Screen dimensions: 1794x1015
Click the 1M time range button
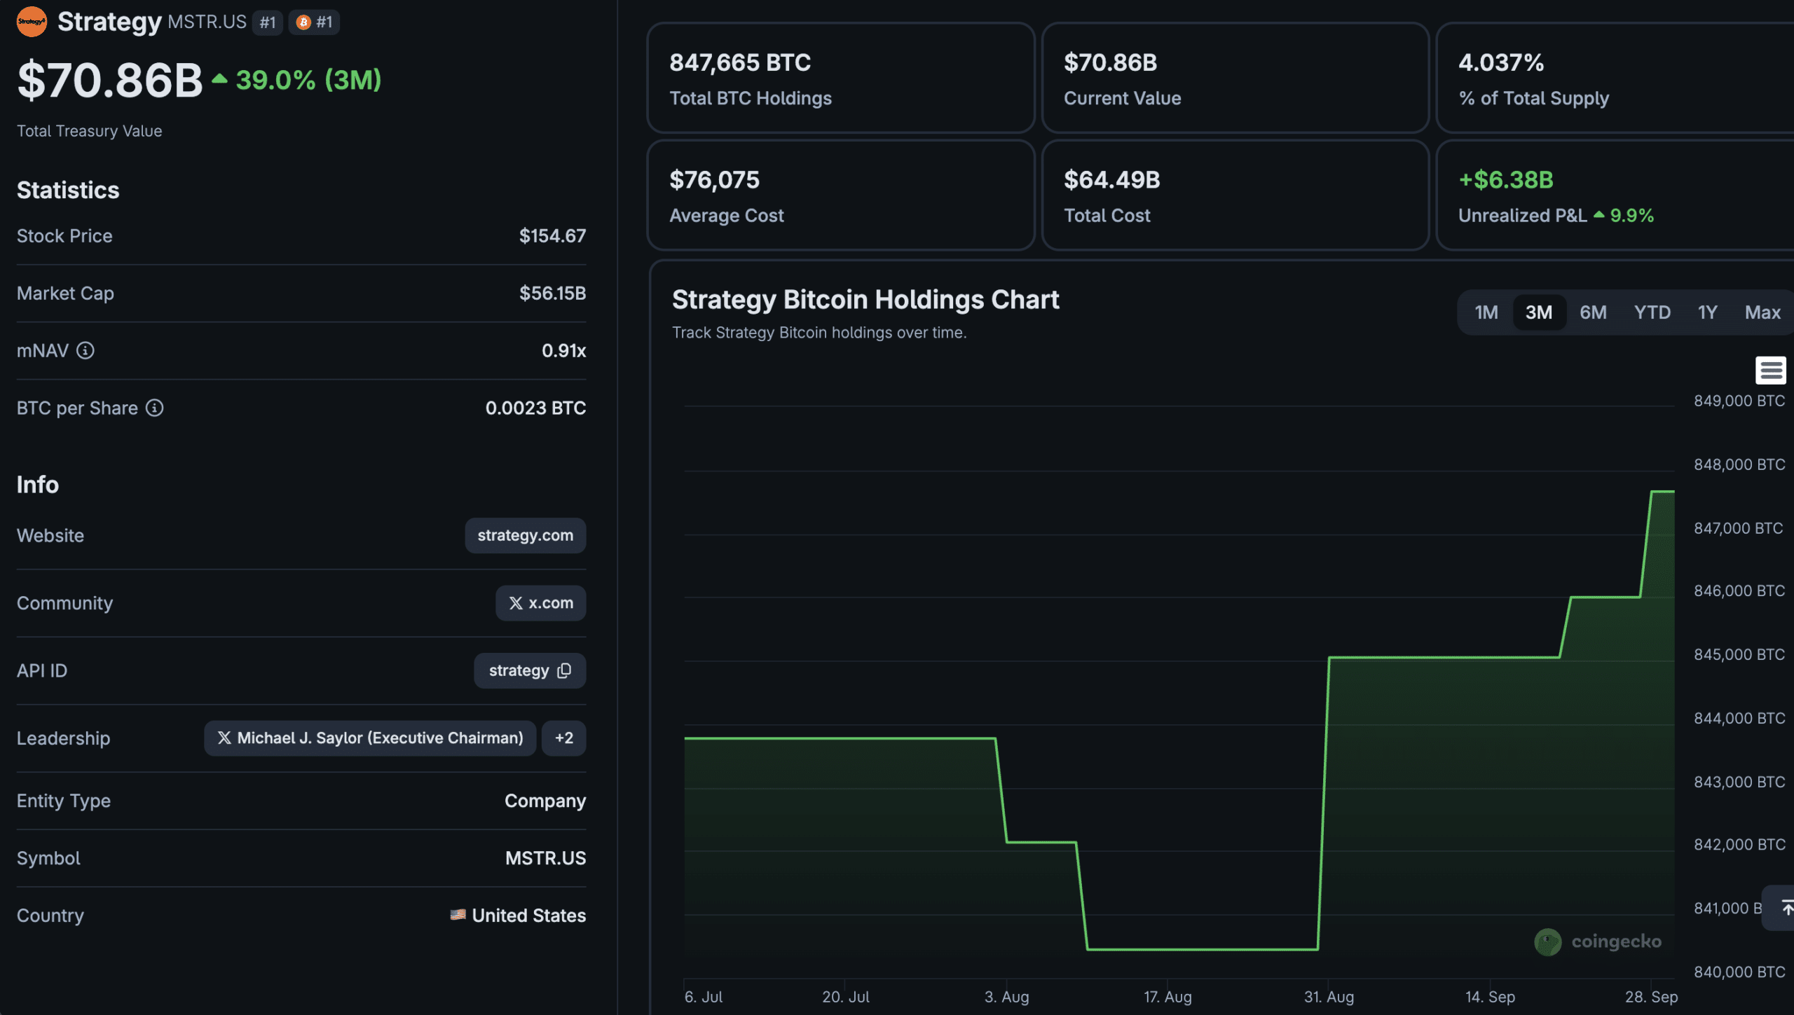(1486, 312)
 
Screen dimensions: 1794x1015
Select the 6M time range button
(1593, 312)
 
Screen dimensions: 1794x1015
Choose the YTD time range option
(1652, 312)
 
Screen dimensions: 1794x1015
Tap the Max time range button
(1762, 312)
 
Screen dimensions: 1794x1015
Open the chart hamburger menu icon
(1770, 370)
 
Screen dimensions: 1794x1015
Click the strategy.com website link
(525, 535)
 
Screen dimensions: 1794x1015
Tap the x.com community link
(540, 602)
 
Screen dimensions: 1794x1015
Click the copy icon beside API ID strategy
(564, 670)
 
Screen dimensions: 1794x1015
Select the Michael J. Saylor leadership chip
(370, 738)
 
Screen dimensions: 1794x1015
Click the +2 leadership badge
(563, 738)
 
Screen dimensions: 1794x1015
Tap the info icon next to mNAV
(85, 350)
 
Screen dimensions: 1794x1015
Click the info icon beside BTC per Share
(154, 408)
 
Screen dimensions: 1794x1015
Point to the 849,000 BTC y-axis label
(1739, 401)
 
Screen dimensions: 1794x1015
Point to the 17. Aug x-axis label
(1168, 996)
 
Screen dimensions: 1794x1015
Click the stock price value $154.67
(552, 236)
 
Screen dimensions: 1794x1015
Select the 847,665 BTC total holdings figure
(740, 62)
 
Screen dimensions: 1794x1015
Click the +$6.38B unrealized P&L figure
(1505, 180)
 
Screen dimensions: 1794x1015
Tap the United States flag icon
(458, 915)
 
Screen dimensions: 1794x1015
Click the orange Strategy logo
(32, 22)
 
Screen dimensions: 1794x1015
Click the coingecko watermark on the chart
(1598, 941)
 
